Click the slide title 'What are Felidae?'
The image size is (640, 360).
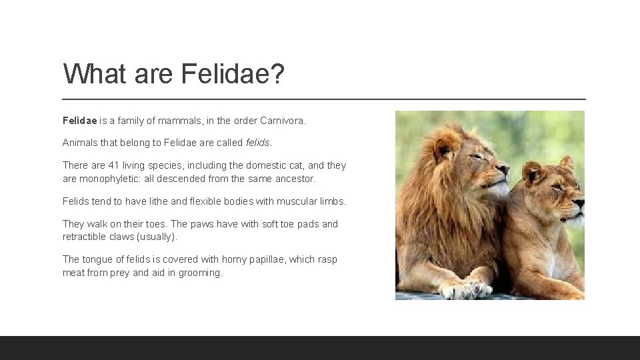coord(174,74)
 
